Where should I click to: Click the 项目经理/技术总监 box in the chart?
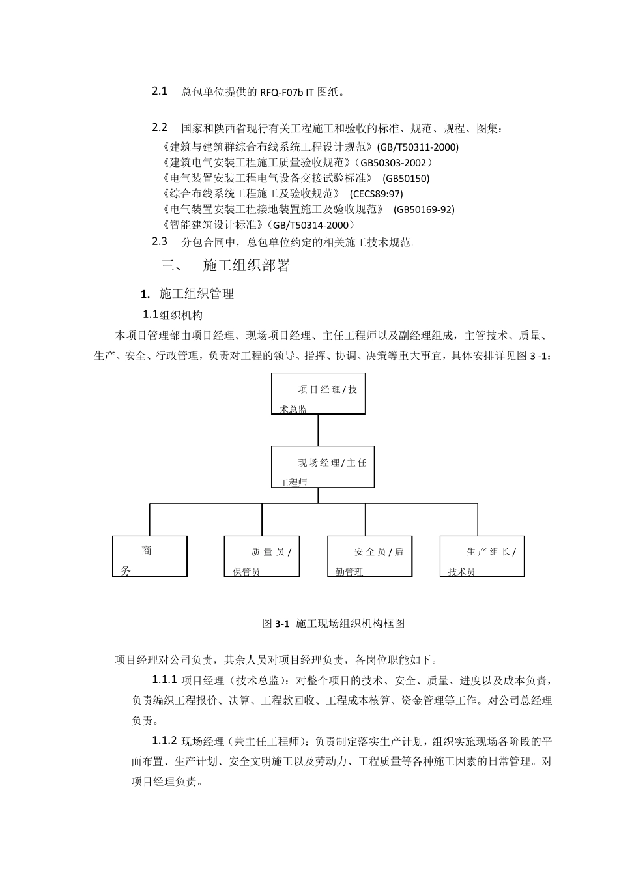tap(318, 393)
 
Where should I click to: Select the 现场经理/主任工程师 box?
tap(323, 467)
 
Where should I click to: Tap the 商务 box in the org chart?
tap(149, 556)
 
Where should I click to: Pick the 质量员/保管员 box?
tap(262, 556)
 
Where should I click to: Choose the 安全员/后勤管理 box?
tap(369, 556)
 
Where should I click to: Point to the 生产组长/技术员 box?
tap(482, 556)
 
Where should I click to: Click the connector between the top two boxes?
tap(319, 430)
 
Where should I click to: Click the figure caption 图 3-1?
tap(333, 623)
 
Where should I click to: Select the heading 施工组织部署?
tap(246, 265)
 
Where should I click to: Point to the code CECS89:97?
tap(377, 194)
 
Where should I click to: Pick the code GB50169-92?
tap(424, 210)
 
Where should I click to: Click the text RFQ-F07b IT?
tap(287, 93)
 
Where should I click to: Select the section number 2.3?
tap(160, 241)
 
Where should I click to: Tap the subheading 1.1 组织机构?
tap(173, 315)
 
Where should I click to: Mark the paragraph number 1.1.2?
tap(165, 740)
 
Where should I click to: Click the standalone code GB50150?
tap(406, 179)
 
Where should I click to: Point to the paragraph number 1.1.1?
tap(165, 680)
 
